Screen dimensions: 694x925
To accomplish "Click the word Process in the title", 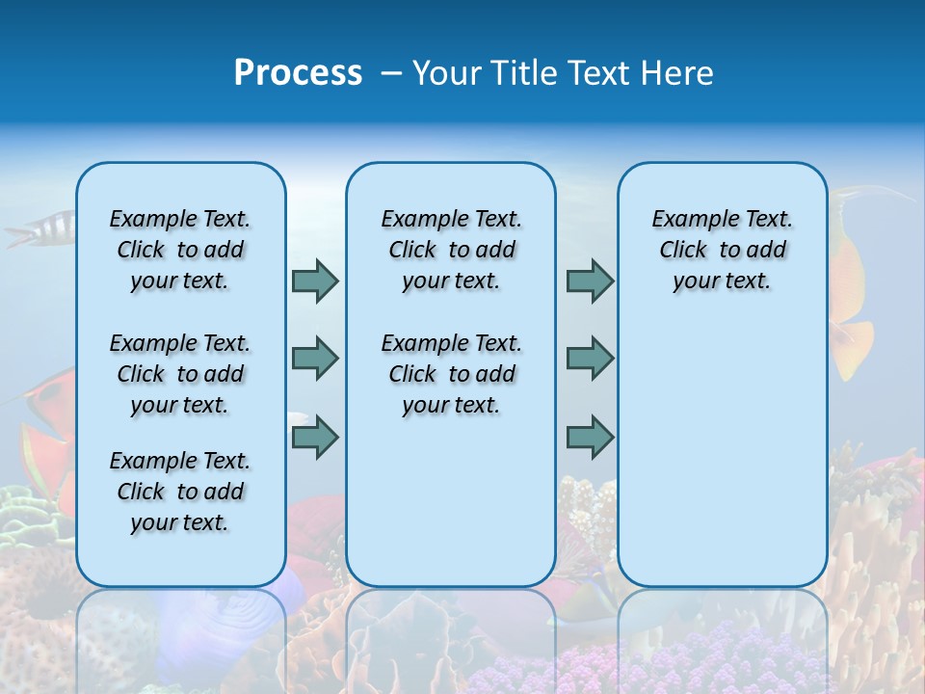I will point(298,73).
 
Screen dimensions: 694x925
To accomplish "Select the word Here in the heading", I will point(678,73).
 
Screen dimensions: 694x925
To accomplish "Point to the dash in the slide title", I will point(391,74).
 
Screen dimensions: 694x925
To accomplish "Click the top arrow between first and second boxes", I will point(315,280).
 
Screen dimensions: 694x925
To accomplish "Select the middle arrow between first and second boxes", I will point(315,359).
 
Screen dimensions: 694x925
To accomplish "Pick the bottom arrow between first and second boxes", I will point(315,438).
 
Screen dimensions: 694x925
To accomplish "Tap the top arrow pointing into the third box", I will point(590,280).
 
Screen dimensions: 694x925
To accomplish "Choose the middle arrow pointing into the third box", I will point(590,359).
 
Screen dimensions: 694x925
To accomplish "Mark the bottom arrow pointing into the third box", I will point(590,438).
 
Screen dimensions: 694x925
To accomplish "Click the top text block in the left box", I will point(180,250).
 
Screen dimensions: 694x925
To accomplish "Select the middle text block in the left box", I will point(180,374).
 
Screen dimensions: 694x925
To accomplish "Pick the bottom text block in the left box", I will point(180,492).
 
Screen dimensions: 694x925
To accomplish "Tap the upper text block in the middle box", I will point(451,250).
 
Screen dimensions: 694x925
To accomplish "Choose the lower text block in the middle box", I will point(451,374).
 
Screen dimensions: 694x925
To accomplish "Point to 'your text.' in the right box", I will point(722,280).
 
